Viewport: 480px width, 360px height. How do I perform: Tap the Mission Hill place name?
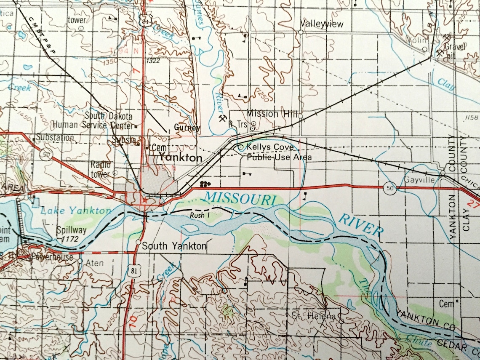click(268, 114)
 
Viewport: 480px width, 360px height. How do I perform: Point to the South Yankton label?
click(174, 246)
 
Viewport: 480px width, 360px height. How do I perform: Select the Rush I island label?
click(200, 215)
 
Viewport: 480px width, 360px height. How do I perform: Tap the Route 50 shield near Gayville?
click(390, 187)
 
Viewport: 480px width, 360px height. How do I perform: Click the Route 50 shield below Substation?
click(45, 155)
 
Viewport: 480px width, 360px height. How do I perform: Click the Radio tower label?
click(100, 169)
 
